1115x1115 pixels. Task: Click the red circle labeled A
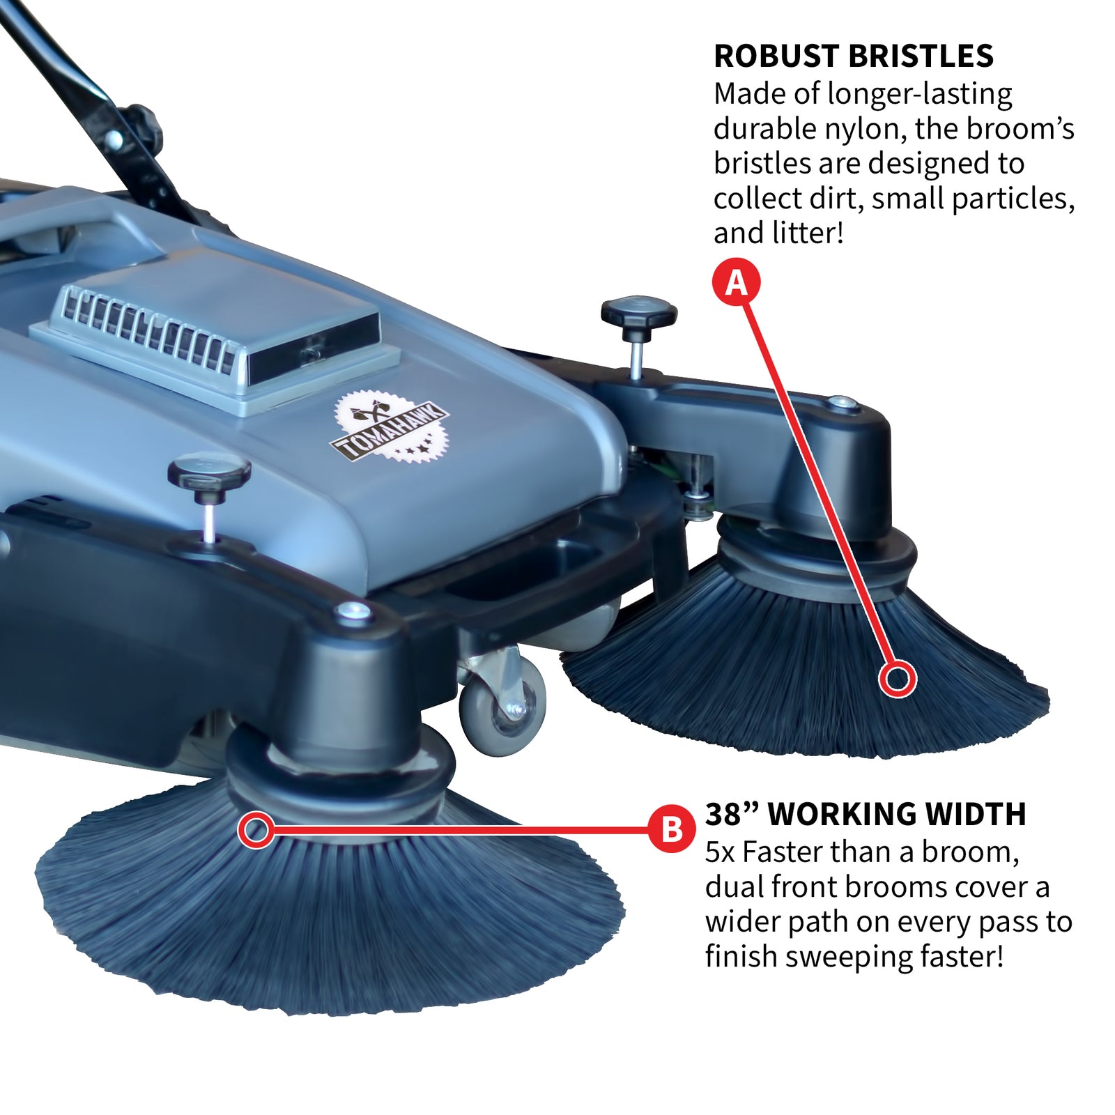click(736, 283)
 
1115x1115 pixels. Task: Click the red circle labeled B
click(672, 829)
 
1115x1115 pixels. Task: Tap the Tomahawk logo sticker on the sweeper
click(389, 427)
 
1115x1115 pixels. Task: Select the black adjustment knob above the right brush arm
click(638, 312)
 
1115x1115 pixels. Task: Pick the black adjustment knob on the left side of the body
click(209, 474)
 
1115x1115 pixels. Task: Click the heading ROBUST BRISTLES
click(853, 56)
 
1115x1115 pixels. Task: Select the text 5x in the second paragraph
click(720, 852)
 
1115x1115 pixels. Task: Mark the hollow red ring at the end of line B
click(256, 829)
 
